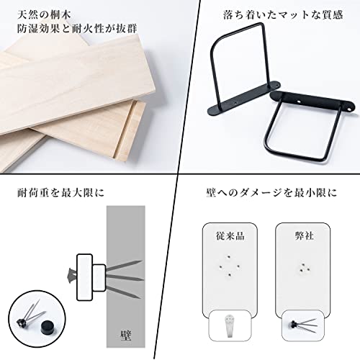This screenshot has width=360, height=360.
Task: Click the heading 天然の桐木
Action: (44, 15)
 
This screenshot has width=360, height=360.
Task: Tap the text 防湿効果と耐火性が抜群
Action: (77, 29)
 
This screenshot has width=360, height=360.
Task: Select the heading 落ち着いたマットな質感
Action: (283, 15)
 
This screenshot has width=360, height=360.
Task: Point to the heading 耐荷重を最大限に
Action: (60, 193)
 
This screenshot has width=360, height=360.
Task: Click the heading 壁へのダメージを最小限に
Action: (271, 193)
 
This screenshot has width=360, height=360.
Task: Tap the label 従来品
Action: (230, 236)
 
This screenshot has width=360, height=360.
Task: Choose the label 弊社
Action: (304, 236)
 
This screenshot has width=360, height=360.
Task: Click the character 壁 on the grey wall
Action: (125, 336)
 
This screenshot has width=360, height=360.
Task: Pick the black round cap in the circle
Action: (48, 326)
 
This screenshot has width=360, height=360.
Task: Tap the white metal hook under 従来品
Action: (230, 326)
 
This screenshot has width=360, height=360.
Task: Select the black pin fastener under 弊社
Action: (303, 325)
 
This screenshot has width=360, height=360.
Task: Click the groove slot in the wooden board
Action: (125, 129)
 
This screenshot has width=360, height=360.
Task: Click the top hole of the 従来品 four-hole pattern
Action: (229, 257)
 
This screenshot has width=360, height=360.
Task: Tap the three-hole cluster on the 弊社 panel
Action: (304, 269)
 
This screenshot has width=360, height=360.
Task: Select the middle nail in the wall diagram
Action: (125, 278)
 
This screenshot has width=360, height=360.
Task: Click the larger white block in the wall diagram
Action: (84, 277)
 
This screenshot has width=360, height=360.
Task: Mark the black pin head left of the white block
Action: (71, 275)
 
